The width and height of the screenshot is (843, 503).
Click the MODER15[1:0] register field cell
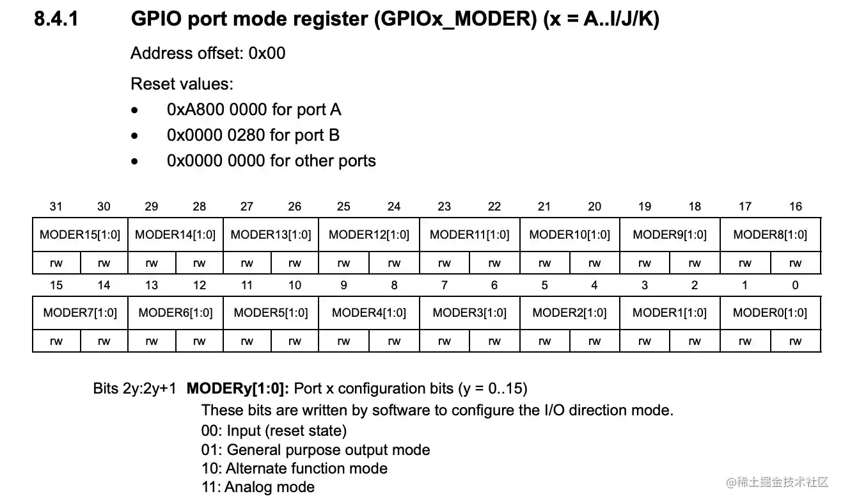pos(80,235)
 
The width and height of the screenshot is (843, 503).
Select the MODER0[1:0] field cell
pos(770,313)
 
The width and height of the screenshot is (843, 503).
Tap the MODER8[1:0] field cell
pos(770,235)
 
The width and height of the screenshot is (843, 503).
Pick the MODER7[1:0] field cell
pos(80,313)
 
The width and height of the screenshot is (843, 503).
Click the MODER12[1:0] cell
pos(369,235)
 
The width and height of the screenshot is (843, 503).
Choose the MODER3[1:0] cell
pos(469,313)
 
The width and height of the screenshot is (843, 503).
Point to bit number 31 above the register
pos(56,206)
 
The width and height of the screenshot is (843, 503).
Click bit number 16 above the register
pos(795,206)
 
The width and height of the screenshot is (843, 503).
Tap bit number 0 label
pos(795,285)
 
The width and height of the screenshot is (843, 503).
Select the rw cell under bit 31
pos(56,263)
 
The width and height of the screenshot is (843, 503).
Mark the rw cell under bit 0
pos(795,341)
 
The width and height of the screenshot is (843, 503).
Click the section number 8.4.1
pos(56,20)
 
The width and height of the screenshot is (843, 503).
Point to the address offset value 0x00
pos(267,54)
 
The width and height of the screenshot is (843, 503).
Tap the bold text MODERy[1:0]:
pos(238,388)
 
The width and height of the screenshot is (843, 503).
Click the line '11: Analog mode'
pos(258,487)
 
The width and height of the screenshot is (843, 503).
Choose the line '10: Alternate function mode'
pos(294,468)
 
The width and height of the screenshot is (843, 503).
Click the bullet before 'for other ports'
pos(134,162)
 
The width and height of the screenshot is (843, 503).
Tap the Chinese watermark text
pos(783,482)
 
